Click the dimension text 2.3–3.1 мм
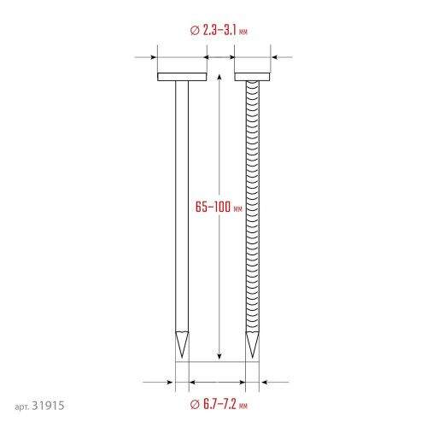[225, 30]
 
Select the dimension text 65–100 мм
[219, 207]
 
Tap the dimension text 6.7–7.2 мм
[225, 404]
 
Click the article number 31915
[48, 406]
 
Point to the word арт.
[21, 407]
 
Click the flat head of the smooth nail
[182, 77]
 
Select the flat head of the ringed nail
[252, 77]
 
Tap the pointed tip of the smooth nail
[182, 358]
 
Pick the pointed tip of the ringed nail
[253, 358]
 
